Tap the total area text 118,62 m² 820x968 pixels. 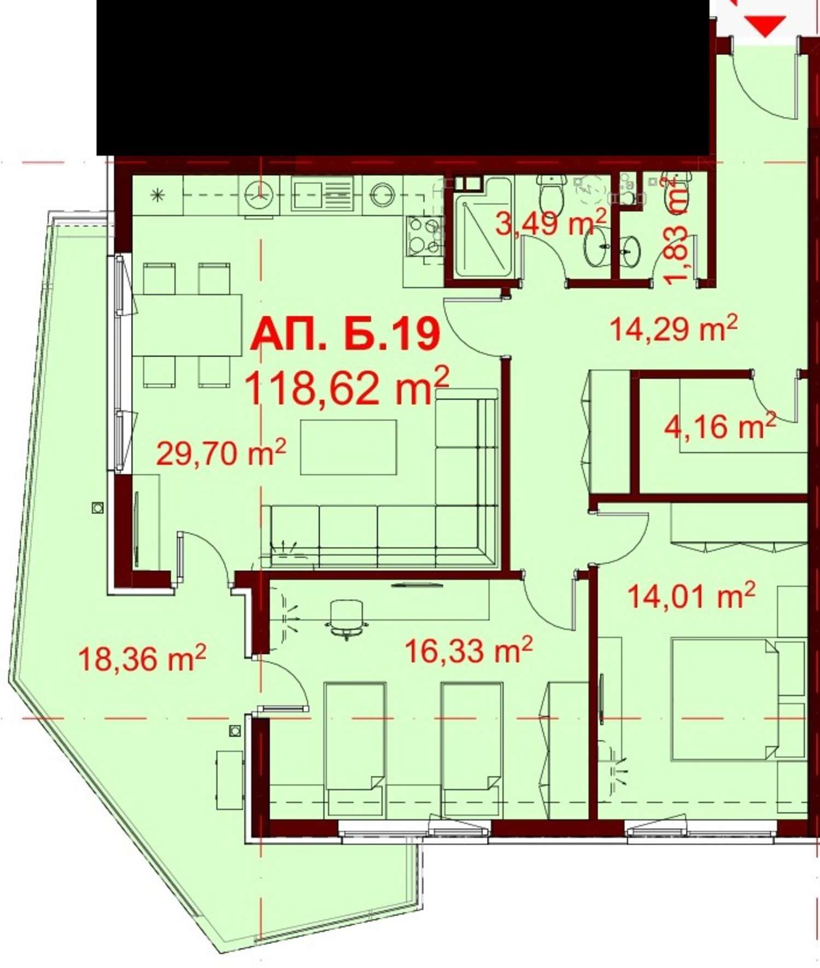click(x=347, y=387)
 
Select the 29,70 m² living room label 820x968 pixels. click(x=221, y=453)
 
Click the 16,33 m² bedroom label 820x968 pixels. click(x=468, y=650)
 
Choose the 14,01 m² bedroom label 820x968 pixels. click(x=692, y=595)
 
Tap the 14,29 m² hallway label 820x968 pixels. click(x=673, y=328)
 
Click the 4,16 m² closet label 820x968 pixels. click(x=720, y=426)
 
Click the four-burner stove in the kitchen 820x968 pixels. click(x=424, y=235)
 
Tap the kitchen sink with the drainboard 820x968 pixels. click(x=322, y=193)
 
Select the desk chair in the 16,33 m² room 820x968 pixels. click(x=346, y=618)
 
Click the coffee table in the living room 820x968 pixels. click(x=349, y=447)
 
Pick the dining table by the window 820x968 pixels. click(x=187, y=324)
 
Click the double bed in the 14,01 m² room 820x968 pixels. click(x=725, y=700)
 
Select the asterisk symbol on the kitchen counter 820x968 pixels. click(x=158, y=194)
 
